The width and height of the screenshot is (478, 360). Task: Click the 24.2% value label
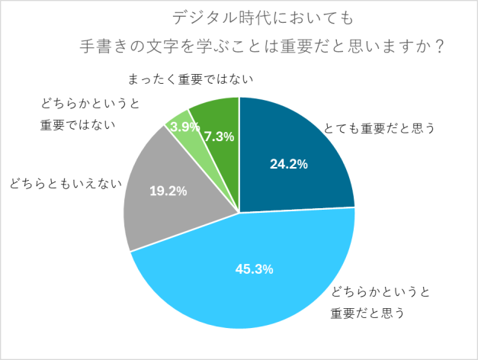[x=289, y=164]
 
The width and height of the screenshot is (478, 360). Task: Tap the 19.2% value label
[x=168, y=191]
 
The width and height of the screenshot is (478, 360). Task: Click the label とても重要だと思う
[x=379, y=128]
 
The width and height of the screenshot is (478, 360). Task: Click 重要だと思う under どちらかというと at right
[x=367, y=313]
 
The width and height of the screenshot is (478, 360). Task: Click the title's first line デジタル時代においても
[x=238, y=17]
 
